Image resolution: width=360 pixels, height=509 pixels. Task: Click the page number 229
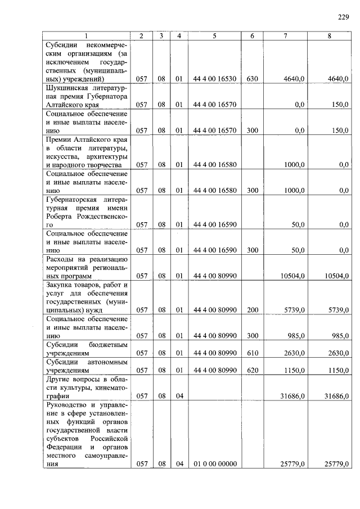click(x=344, y=17)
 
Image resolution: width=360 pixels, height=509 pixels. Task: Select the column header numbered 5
click(x=214, y=36)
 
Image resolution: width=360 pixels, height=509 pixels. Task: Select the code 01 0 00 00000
click(x=214, y=464)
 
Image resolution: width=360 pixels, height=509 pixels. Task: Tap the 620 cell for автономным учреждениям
click(x=252, y=371)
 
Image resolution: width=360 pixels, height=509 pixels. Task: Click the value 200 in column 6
click(x=252, y=310)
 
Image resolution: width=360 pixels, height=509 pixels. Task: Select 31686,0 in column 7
click(x=292, y=397)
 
